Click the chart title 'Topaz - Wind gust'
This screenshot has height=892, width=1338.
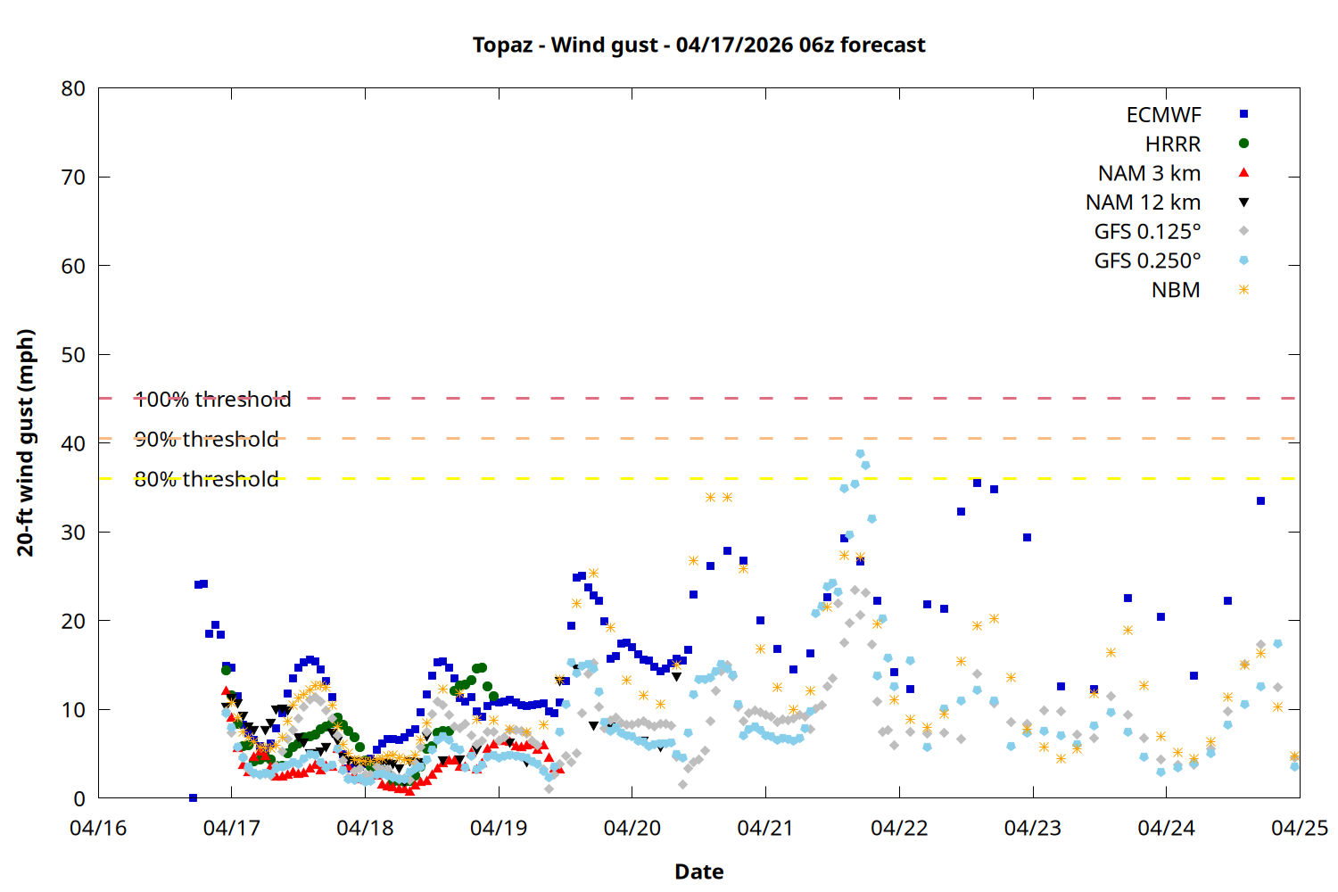tap(698, 45)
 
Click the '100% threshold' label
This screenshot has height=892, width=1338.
tap(212, 400)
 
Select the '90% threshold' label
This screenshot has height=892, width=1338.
tap(206, 440)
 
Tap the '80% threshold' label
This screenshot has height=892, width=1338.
tap(206, 480)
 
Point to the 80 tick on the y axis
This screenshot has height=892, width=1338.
tap(73, 88)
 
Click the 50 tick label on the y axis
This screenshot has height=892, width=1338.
tap(73, 355)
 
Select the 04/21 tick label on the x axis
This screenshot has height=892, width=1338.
tap(765, 828)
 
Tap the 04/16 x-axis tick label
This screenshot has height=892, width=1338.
tap(98, 828)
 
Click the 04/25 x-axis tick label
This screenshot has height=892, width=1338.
tap(1299, 828)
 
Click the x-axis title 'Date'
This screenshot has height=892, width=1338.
tap(698, 871)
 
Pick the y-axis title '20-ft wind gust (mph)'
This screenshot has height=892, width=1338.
tap(26, 442)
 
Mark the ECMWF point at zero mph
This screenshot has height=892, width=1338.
tap(193, 797)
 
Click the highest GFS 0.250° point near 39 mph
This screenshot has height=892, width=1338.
tap(860, 454)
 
